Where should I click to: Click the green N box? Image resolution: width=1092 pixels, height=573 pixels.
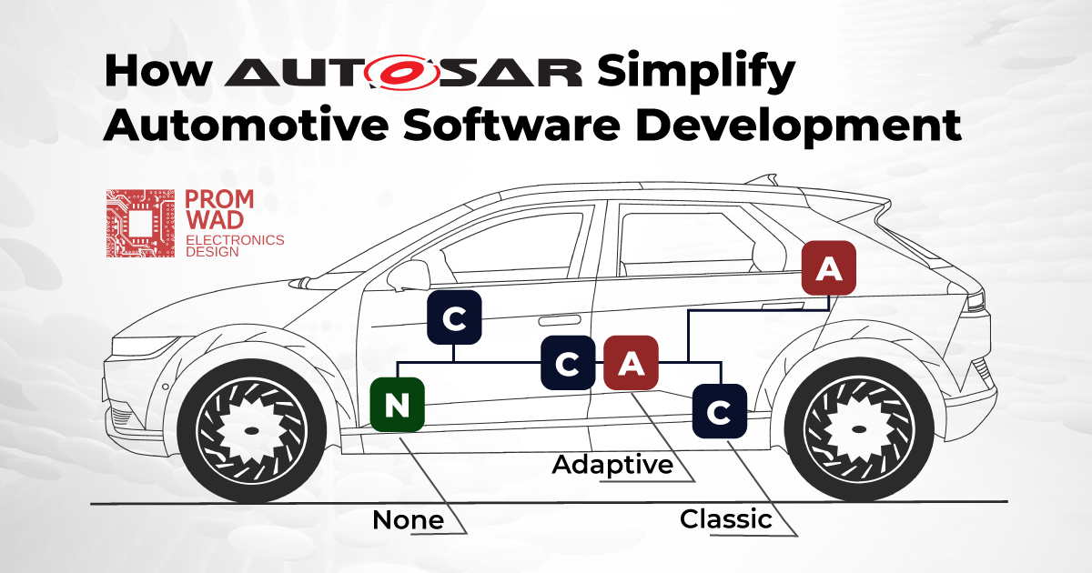(398, 405)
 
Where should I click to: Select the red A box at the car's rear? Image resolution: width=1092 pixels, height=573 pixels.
(829, 268)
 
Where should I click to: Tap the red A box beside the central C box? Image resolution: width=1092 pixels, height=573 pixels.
(632, 363)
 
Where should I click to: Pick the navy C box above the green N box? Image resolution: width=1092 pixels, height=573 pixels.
(454, 317)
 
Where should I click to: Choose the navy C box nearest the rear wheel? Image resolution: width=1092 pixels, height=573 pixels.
(720, 411)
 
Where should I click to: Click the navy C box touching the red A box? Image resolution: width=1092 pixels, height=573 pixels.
(568, 363)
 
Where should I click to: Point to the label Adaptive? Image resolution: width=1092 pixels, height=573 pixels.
(612, 465)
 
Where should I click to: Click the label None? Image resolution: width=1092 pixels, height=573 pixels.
(408, 520)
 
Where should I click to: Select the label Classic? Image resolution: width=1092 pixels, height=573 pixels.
(726, 519)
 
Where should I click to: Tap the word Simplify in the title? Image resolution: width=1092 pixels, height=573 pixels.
(696, 72)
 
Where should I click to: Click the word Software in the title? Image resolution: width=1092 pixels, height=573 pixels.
(511, 126)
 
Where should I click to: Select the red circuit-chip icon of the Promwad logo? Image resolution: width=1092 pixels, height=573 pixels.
(140, 223)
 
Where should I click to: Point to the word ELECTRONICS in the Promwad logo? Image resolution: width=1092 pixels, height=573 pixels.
(235, 240)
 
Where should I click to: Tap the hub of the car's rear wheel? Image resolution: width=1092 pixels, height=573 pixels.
(859, 429)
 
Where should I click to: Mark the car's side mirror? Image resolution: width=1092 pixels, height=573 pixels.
(409, 276)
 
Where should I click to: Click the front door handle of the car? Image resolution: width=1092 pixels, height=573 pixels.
(559, 320)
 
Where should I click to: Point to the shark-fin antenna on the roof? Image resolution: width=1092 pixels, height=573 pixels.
(763, 179)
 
